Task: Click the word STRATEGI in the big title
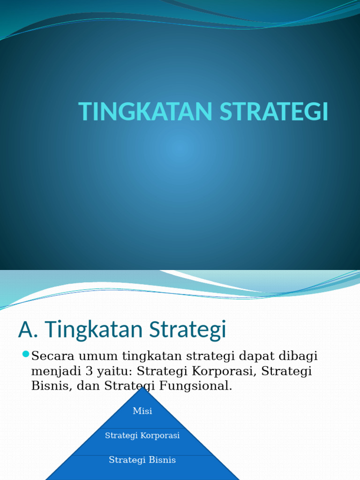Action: pos(274,112)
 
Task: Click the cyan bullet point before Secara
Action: pos(25,354)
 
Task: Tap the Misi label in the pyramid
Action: pos(142,411)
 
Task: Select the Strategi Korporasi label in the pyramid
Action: pos(142,435)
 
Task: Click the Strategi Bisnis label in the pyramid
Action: pos(142,460)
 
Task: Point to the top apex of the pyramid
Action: pos(142,388)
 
